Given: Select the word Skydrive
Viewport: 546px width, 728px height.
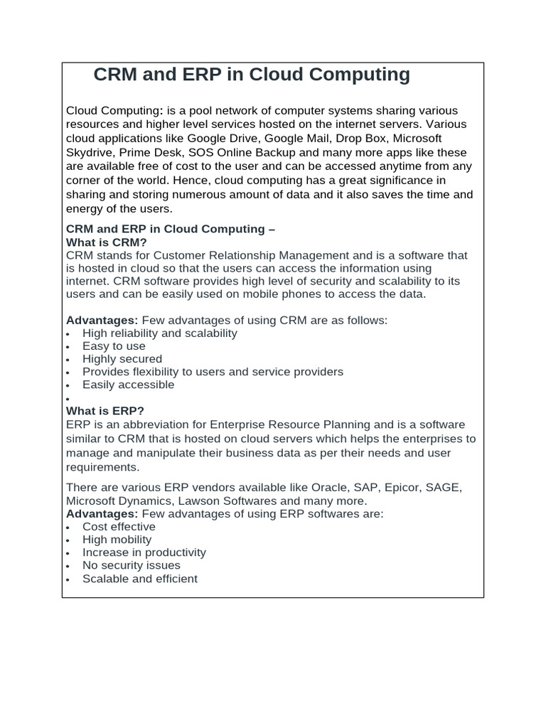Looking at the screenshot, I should [x=90, y=153].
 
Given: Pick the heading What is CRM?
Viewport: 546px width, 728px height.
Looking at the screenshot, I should [x=107, y=242].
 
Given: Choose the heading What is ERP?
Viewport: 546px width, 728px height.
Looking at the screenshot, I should [x=105, y=411].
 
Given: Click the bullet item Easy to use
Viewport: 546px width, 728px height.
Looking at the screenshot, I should [x=114, y=346].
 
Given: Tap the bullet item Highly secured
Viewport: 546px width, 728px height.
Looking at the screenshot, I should [x=122, y=359].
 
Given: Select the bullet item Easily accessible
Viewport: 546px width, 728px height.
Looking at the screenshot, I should [x=128, y=385].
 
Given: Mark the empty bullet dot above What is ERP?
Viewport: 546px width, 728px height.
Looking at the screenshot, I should [x=67, y=400].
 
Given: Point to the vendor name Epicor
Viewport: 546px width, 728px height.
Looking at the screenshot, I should [x=405, y=488].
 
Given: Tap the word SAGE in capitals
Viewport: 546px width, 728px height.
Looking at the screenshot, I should [x=445, y=488].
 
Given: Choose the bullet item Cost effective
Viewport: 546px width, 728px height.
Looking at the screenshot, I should [x=119, y=527].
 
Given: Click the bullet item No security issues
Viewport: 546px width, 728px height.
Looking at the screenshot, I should [x=132, y=565].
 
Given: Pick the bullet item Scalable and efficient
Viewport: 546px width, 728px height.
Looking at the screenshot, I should [x=140, y=579].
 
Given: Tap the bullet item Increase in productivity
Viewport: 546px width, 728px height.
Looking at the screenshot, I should [x=144, y=552].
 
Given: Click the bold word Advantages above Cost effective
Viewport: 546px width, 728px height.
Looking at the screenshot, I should [x=102, y=513].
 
